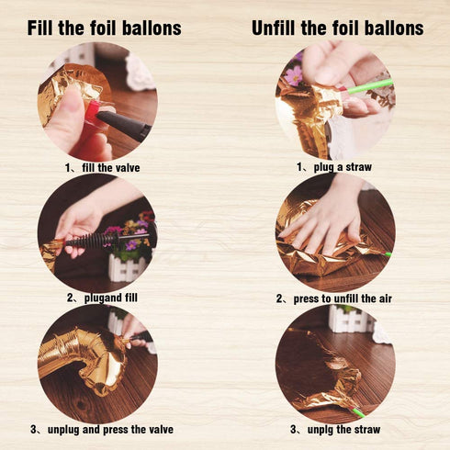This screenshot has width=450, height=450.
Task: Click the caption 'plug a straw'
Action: (336, 167)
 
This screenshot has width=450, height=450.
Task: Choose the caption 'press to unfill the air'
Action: (335, 298)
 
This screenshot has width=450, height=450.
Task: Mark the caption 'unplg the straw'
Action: (336, 429)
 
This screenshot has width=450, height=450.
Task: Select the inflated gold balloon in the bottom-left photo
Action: (83, 358)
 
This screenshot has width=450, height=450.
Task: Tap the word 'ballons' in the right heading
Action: (390, 28)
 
